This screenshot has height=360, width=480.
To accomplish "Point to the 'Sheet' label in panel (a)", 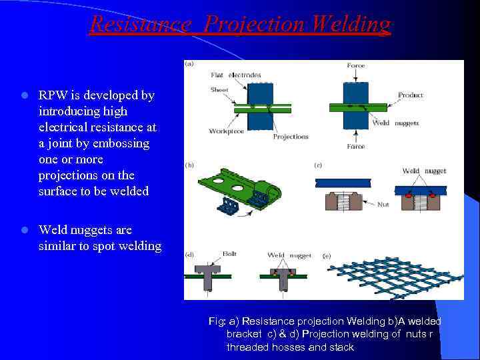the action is [x=219, y=89].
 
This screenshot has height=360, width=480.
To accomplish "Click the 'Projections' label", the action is [x=291, y=137].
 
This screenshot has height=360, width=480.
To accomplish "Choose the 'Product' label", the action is [x=411, y=95].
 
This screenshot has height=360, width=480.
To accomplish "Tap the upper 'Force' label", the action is [x=355, y=65].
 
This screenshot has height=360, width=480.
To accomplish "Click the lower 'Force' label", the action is [x=355, y=146].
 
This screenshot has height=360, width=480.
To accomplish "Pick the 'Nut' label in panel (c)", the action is [x=383, y=205].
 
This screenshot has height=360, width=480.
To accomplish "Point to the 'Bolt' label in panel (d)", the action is [x=229, y=254].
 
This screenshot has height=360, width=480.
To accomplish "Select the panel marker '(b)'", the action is [x=190, y=164].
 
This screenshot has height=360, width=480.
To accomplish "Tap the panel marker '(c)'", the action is [x=318, y=164].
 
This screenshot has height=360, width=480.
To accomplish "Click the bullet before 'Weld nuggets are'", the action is [x=23, y=230].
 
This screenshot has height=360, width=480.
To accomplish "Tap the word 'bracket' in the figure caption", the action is [x=243, y=334].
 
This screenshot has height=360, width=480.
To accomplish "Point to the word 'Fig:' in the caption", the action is [x=217, y=321].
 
